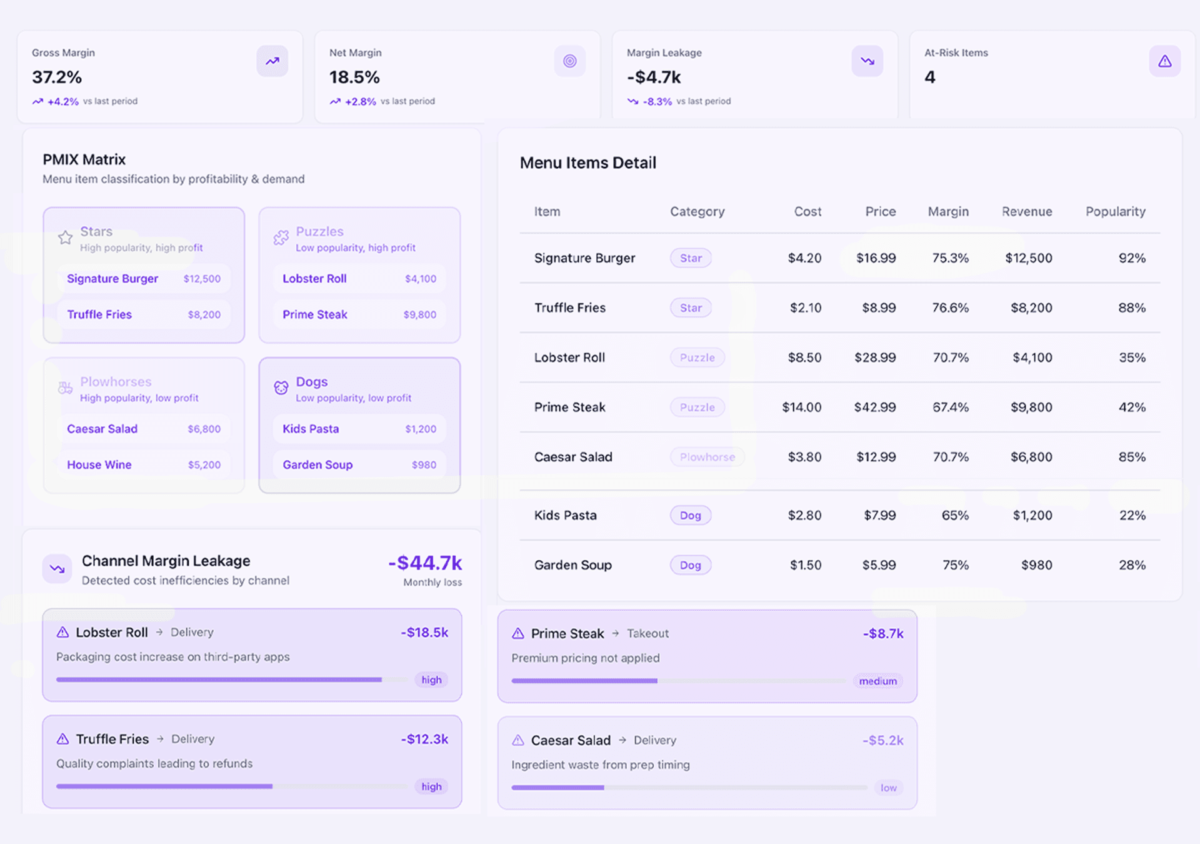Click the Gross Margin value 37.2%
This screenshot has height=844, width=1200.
tap(57, 78)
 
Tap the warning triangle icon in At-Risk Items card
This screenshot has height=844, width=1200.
tap(1164, 61)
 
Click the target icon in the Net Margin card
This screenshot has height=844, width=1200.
tap(569, 61)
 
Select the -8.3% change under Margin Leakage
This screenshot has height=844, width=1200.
tap(657, 101)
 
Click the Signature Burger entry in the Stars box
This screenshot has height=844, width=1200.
tap(112, 279)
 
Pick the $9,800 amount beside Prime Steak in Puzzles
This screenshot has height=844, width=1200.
tap(419, 315)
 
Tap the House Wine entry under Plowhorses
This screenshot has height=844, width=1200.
tap(99, 465)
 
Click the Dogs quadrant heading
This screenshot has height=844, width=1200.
tap(311, 382)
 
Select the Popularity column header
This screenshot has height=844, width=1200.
tap(1115, 212)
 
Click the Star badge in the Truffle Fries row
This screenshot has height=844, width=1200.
tap(691, 308)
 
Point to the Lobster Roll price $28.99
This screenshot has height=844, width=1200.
tap(875, 358)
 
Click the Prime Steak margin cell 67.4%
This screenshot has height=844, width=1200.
tap(950, 408)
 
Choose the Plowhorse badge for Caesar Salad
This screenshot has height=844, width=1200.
tap(707, 458)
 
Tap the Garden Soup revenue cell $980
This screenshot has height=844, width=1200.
tap(1036, 565)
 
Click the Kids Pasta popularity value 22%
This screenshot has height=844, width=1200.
tap(1132, 516)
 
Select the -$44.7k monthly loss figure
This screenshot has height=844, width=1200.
tap(425, 563)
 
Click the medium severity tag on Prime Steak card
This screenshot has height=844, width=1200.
tap(877, 681)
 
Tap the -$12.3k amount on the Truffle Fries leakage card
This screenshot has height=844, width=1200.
tap(424, 740)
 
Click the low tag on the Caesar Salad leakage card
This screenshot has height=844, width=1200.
tap(888, 788)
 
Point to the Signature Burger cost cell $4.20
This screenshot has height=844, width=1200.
tap(804, 258)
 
